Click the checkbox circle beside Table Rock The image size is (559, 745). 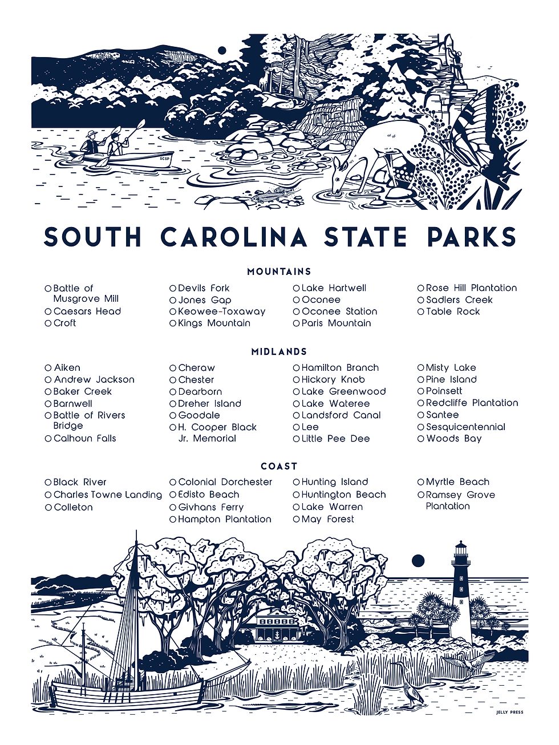pos(421,312)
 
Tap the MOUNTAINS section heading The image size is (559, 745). pos(279,272)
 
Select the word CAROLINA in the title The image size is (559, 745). pos(234,237)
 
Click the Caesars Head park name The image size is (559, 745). pos(87,311)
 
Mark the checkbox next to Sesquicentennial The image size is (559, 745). pos(421,427)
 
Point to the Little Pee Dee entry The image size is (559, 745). pos(335,439)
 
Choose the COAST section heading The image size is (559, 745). pos(279,466)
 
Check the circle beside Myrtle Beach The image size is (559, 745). pos(421,483)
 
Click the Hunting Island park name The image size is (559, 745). pos(334,482)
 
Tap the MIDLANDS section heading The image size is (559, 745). pos(279,351)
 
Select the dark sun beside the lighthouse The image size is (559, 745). pos(418,560)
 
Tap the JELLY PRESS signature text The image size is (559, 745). pos(509,712)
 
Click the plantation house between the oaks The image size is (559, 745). pos(277,625)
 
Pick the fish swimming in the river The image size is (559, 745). pos(266,195)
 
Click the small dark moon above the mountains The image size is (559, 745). pos(222,51)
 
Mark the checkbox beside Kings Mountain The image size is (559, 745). pos(173,323)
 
